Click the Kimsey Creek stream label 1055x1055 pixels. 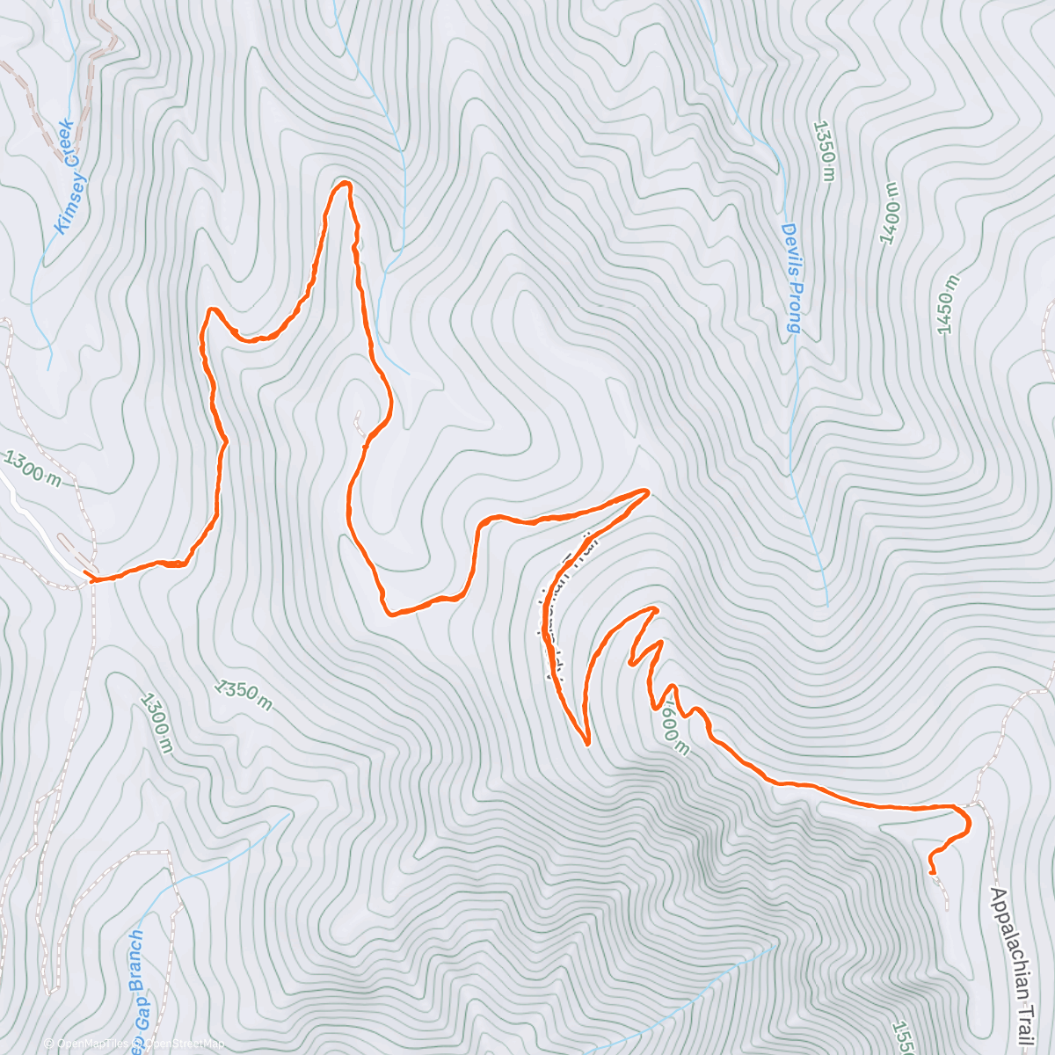tap(66, 178)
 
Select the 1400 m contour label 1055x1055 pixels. tap(891, 214)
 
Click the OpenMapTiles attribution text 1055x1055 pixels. tap(84, 1044)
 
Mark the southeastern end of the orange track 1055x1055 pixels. tap(931, 872)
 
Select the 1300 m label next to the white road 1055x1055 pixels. tap(33, 469)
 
